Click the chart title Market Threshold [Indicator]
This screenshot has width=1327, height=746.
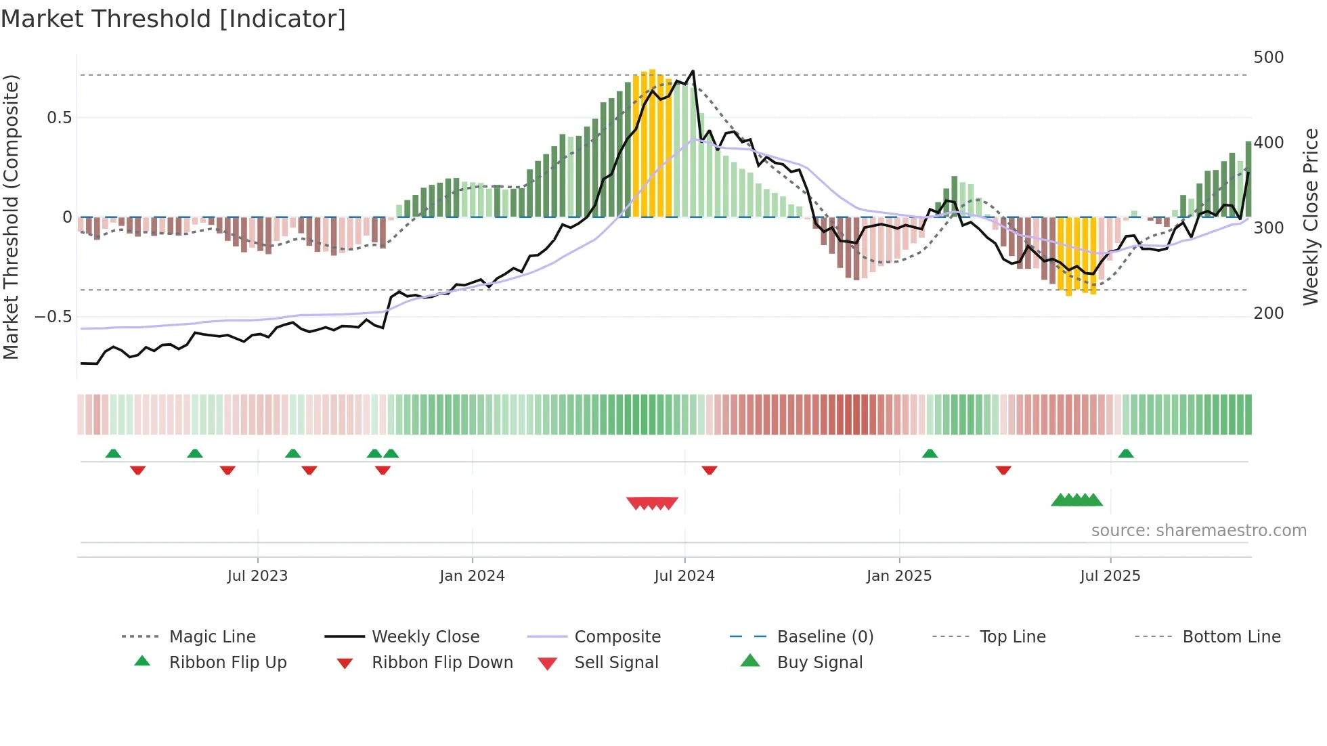[x=173, y=19]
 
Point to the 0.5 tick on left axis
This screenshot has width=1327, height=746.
[x=59, y=118]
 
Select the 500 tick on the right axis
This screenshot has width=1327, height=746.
[x=1268, y=58]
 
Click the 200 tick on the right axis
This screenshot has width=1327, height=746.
[x=1268, y=313]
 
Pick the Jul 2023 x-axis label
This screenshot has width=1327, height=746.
[x=257, y=576]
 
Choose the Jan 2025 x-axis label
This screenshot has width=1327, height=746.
[x=898, y=576]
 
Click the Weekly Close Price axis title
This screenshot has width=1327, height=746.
[x=1311, y=217]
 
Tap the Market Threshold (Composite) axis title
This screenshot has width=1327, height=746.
[x=11, y=217]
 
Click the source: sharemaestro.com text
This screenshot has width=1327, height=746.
[x=1198, y=531]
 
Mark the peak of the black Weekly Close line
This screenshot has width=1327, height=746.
[x=693, y=71]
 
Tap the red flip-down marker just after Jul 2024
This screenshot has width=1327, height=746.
[x=709, y=470]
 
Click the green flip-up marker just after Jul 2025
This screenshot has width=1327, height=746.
[x=1125, y=454]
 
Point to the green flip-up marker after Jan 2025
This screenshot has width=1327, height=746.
[x=930, y=454]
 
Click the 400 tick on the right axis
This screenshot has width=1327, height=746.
[x=1268, y=143]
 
